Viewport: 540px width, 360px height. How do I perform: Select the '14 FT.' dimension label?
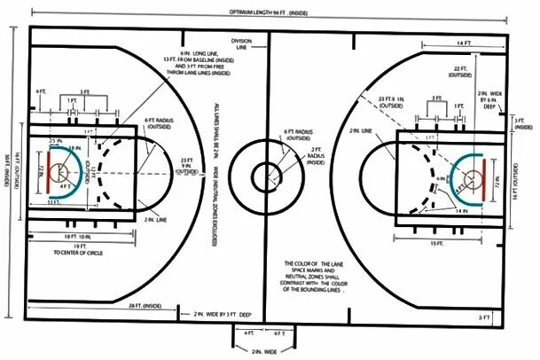click(464, 42)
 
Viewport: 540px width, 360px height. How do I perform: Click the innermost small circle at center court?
click(265, 176)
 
